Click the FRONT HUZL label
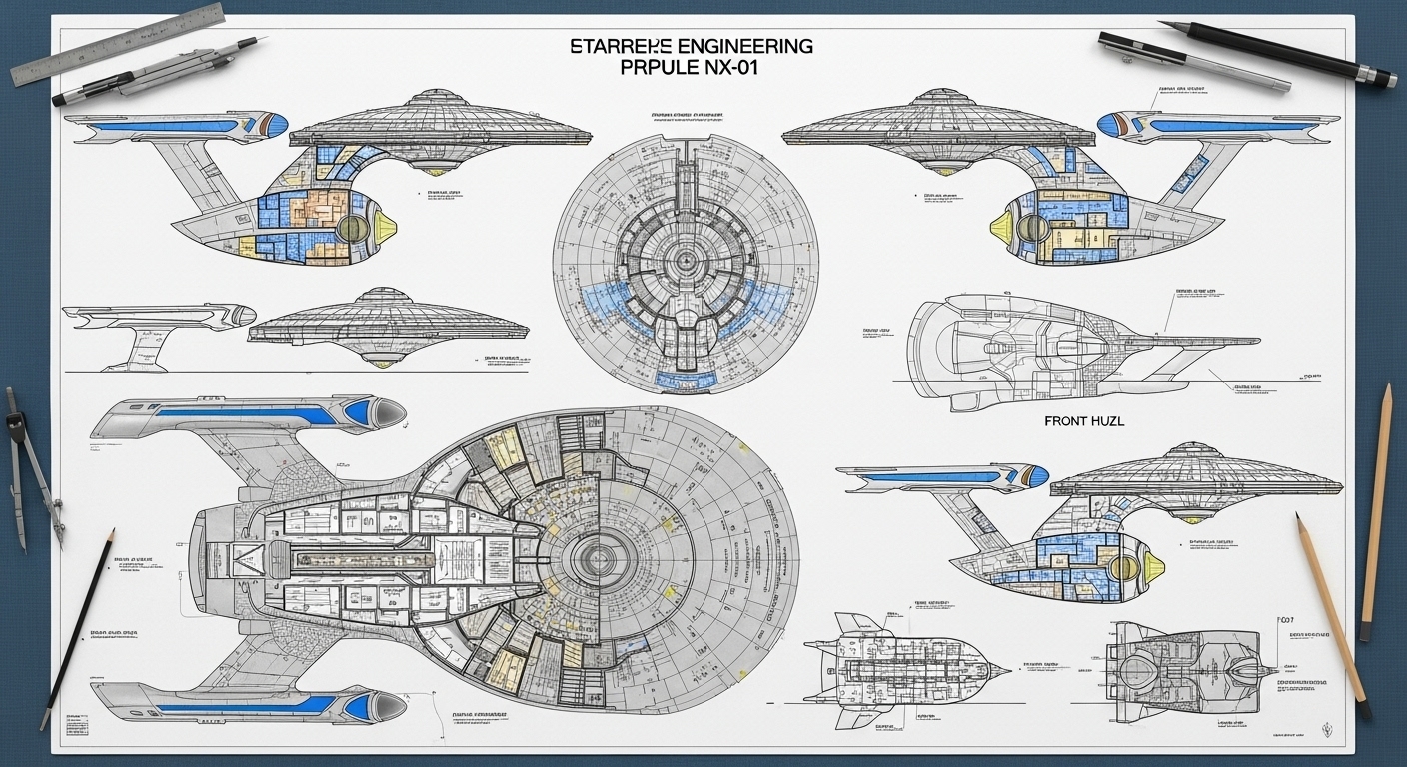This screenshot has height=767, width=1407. [1084, 422]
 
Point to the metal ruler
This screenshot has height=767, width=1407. [118, 43]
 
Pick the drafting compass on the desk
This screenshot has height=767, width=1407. [30, 469]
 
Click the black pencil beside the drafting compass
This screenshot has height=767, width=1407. [78, 629]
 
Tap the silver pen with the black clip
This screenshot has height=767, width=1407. [1194, 62]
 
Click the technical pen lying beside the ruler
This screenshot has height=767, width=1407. [160, 72]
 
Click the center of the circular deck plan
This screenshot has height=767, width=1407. [686, 262]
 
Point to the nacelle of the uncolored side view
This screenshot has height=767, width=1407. [150, 316]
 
